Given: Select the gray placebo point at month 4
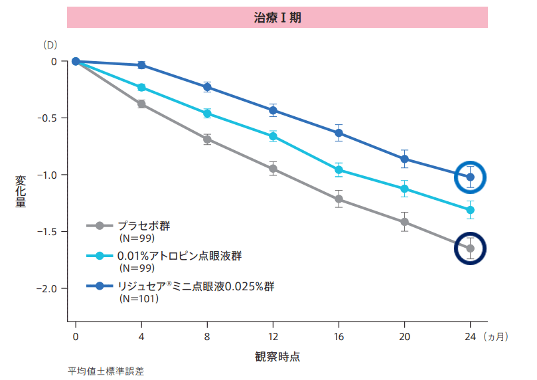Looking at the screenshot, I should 141,104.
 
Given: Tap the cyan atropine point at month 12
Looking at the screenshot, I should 273,137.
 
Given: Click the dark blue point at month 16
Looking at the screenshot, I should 339,133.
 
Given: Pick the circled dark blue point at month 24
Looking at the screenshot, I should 471,177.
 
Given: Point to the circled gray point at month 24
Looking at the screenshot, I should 471,248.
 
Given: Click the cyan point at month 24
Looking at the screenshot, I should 471,210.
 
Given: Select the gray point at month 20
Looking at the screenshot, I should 404,222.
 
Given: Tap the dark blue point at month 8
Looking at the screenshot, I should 207,87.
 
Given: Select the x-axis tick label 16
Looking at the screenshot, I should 339,336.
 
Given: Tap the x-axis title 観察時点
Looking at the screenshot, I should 277,356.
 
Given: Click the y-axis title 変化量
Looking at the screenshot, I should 21,191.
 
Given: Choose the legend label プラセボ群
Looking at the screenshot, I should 143,226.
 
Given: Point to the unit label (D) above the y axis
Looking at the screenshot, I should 50,45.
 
